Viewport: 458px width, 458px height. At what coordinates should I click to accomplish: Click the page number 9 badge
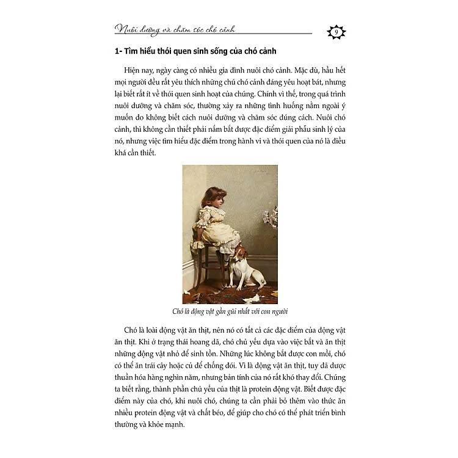(336, 32)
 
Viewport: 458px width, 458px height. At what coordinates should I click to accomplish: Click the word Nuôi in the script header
(126, 29)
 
